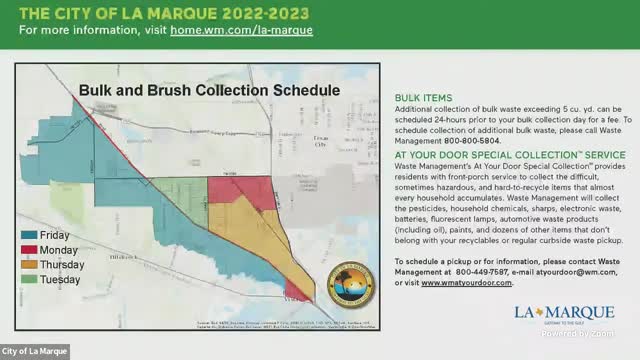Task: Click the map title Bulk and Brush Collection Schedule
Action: click(210, 90)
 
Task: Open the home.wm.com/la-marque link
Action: click(255, 30)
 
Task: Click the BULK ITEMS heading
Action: click(423, 97)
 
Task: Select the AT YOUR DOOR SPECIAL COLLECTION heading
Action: click(510, 155)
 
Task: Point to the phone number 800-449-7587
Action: click(479, 271)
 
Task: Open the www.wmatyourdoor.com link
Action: click(467, 283)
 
